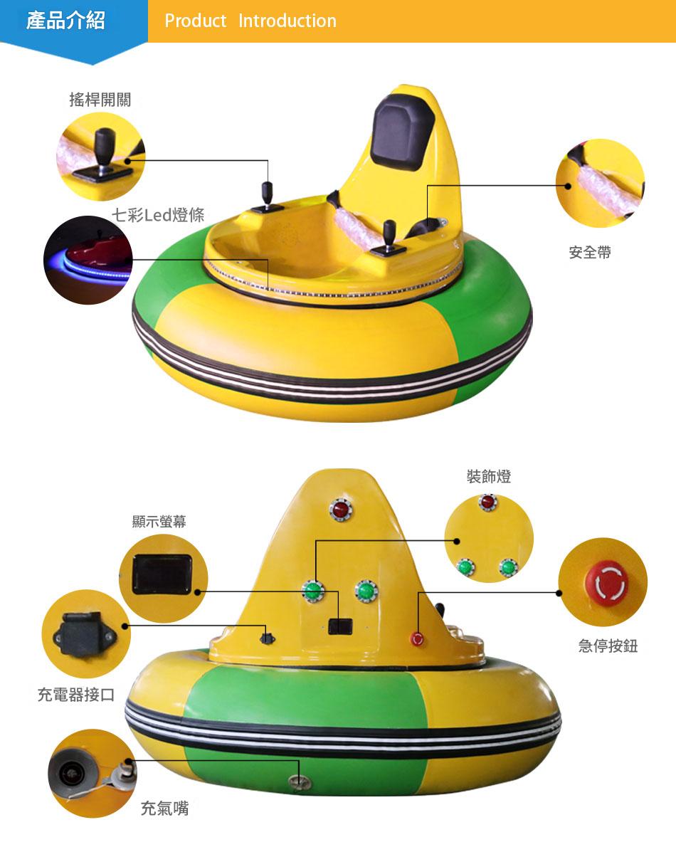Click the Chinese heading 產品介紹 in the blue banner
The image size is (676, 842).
click(65, 21)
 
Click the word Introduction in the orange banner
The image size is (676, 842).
click(287, 21)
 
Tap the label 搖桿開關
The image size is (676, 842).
click(100, 100)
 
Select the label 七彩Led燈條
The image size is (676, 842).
click(158, 215)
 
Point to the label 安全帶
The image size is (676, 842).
click(590, 252)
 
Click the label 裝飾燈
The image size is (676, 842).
click(489, 476)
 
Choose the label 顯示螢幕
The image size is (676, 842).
click(159, 522)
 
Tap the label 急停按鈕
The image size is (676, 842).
click(608, 646)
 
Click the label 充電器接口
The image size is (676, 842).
click(76, 695)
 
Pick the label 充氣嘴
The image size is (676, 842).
click(164, 808)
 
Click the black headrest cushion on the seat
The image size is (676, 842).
click(398, 132)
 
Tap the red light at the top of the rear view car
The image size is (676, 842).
click(340, 508)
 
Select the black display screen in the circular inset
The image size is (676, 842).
click(162, 574)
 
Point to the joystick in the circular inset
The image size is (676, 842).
click(104, 153)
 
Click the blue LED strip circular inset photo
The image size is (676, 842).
click(88, 260)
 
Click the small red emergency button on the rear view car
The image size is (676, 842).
click(417, 638)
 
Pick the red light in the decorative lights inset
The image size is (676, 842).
click(487, 502)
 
